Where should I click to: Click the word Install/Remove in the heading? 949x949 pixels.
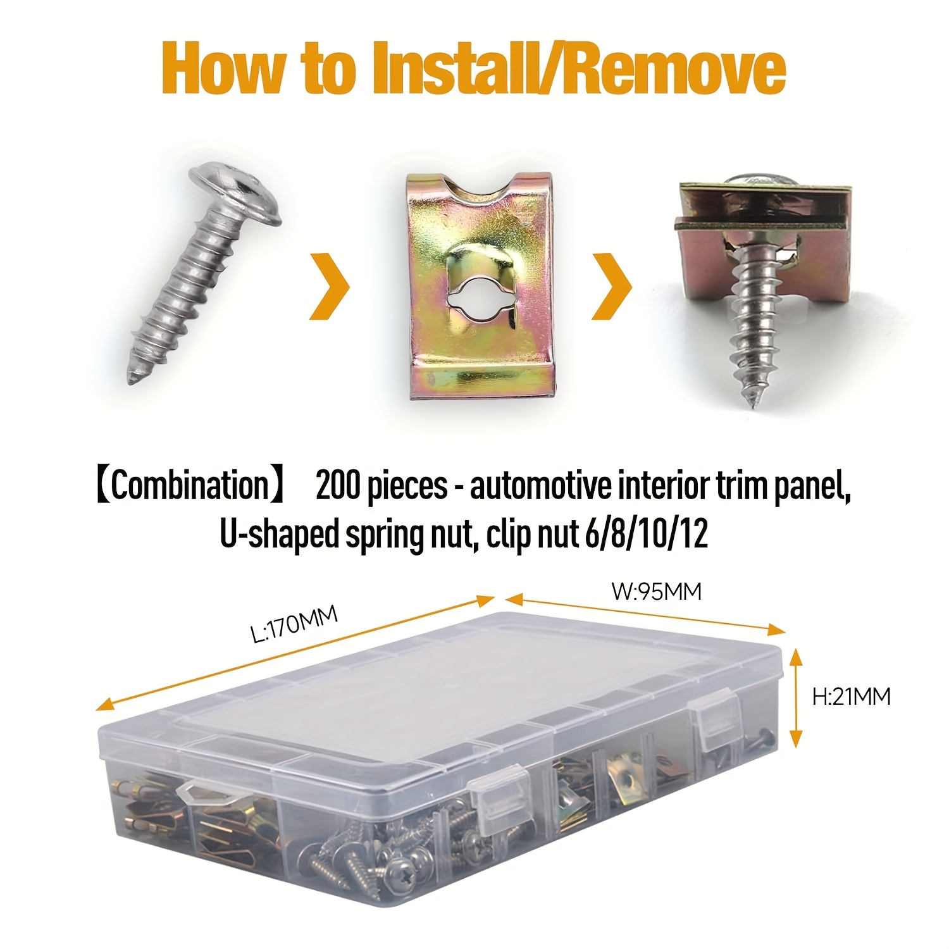pos(579,68)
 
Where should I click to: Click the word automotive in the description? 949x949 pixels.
pos(540,486)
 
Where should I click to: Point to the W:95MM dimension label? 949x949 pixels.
pos(657,592)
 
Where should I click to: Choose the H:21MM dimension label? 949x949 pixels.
pos(852,697)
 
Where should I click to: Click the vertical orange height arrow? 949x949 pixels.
pos(796,697)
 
